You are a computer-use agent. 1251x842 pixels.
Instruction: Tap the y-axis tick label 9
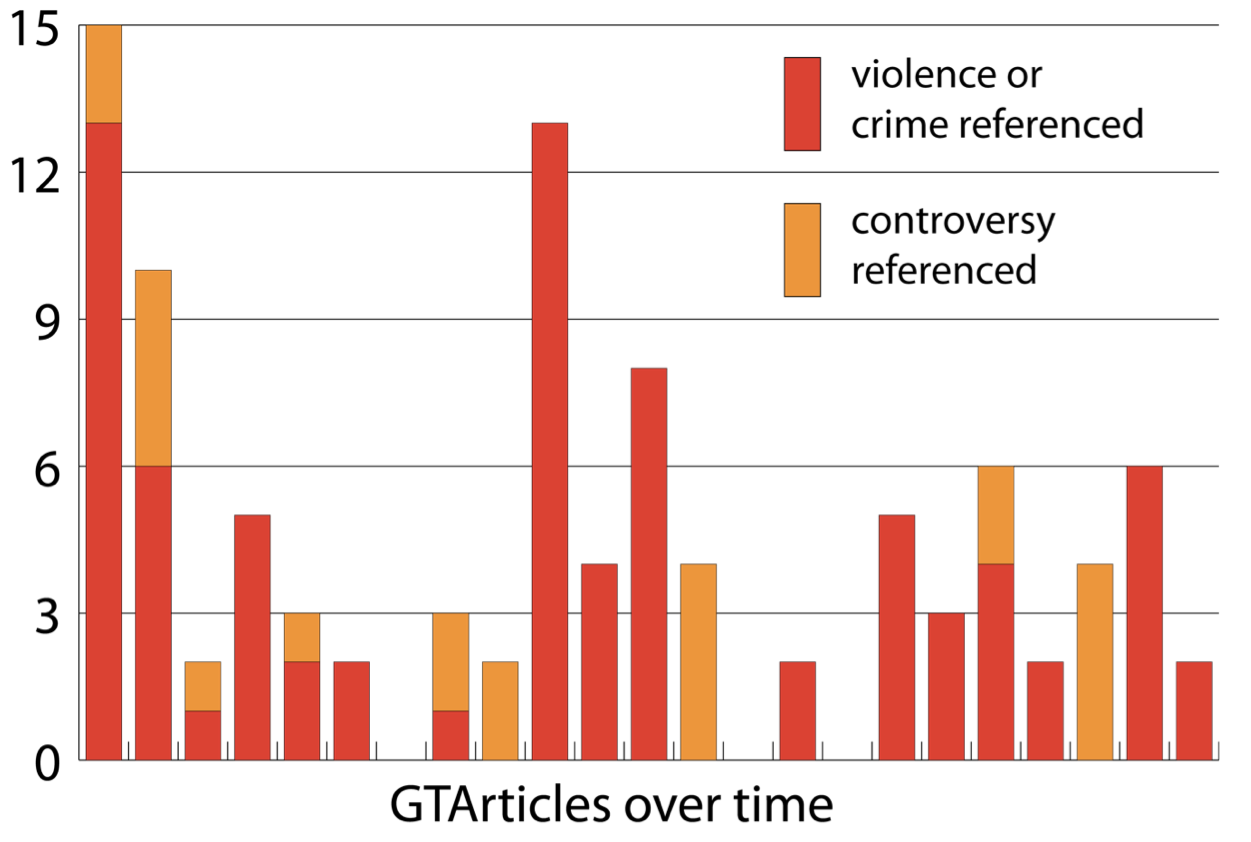pos(45,320)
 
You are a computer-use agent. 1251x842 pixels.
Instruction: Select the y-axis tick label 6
pos(45,467)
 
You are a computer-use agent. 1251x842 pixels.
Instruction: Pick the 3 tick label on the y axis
pos(45,614)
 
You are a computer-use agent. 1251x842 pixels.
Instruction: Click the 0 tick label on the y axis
pos(45,762)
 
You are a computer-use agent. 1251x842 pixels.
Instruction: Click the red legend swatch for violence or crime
pos(802,104)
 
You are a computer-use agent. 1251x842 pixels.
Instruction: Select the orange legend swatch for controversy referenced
pos(802,250)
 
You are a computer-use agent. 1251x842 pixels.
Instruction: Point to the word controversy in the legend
pos(953,222)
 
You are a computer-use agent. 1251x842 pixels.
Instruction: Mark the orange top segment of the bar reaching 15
pos(104,75)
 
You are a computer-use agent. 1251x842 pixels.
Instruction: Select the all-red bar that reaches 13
pos(549,440)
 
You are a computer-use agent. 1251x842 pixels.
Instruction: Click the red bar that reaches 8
pos(648,565)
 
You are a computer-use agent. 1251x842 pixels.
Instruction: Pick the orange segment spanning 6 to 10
pos(153,368)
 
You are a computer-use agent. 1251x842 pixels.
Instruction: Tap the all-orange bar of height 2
pos(500,711)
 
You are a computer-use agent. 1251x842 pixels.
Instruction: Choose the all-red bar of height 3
pos(945,687)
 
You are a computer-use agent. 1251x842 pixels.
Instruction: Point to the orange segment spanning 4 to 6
pos(995,516)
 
